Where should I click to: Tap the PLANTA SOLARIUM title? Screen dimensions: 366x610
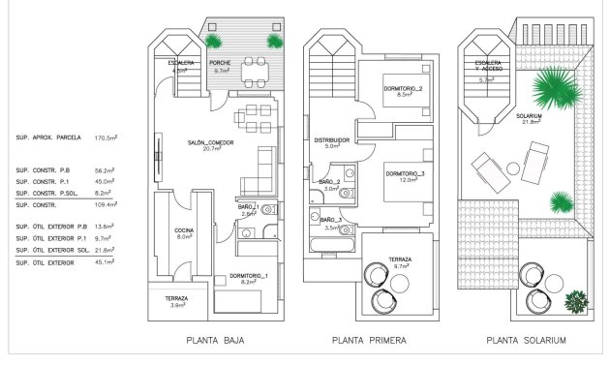tap(526, 341)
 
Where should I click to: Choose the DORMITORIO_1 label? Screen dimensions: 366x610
tap(248, 278)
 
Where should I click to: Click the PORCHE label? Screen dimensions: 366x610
tap(220, 66)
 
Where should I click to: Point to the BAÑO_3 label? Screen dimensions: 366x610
tap(329, 225)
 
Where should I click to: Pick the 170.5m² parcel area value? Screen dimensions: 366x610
tap(105, 138)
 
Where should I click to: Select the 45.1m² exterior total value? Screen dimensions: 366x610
tap(105, 261)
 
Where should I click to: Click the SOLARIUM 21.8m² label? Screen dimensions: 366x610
tap(530, 119)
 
